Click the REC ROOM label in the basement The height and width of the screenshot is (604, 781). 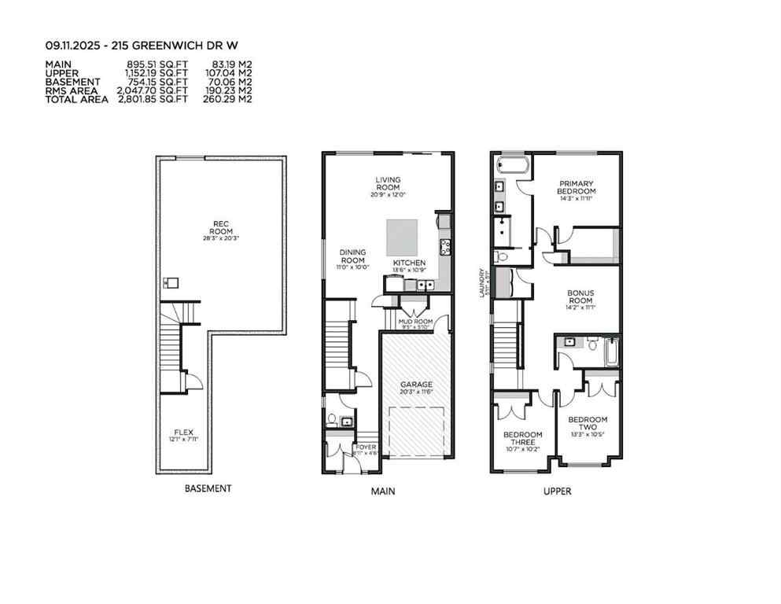tap(221, 226)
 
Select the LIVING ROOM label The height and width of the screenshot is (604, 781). tap(387, 183)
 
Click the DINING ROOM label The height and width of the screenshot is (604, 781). tap(352, 256)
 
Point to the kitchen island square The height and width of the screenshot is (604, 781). tap(403, 235)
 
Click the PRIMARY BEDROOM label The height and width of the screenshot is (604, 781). tap(576, 187)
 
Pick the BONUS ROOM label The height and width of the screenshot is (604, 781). tap(580, 295)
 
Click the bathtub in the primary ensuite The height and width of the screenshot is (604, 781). tap(514, 167)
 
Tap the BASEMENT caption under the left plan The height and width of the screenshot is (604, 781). tap(208, 488)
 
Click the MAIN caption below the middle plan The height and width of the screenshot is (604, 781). tap(383, 492)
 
